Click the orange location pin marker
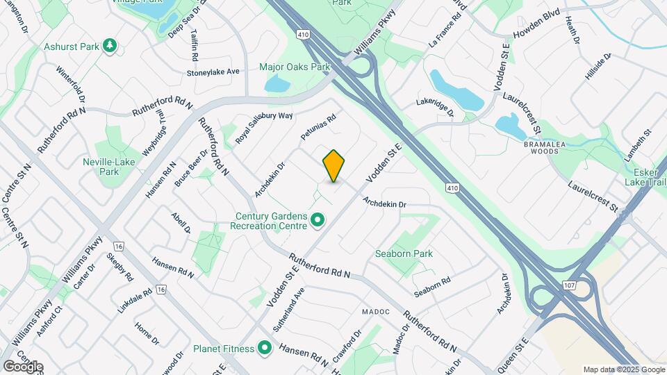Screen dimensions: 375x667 [334, 166]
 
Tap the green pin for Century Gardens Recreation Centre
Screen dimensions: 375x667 [318, 220]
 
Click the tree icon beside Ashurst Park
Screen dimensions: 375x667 [108, 46]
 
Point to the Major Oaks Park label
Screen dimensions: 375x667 [294, 67]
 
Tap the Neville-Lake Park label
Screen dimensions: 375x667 [115, 166]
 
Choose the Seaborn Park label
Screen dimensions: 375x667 [404, 253]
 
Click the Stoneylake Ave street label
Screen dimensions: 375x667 [213, 72]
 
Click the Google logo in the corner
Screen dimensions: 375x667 [23, 366]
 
